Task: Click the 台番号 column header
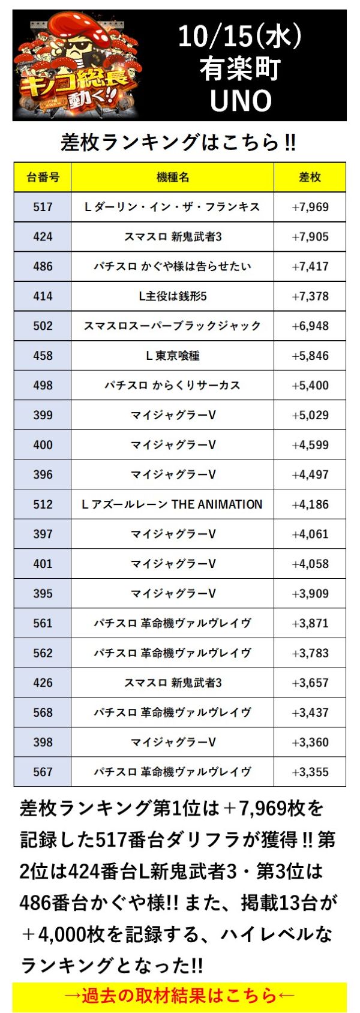pyautogui.click(x=43, y=177)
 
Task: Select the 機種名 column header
pyautogui.click(x=172, y=177)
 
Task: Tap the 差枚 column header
pyautogui.click(x=310, y=177)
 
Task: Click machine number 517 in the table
pyautogui.click(x=43, y=207)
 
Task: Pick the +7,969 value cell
pyautogui.click(x=310, y=207)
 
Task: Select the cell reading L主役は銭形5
pyautogui.click(x=172, y=296)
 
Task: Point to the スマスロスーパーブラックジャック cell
pyautogui.click(x=172, y=326)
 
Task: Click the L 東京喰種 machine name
pyautogui.click(x=172, y=356)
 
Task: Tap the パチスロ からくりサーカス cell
pyautogui.click(x=172, y=385)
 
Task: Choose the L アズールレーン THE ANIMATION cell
pyautogui.click(x=172, y=504)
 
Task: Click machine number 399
pyautogui.click(x=43, y=415)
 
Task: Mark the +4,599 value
pyautogui.click(x=310, y=445)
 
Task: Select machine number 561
pyautogui.click(x=43, y=623)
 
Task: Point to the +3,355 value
pyautogui.click(x=310, y=772)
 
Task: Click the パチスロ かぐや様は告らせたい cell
pyautogui.click(x=172, y=266)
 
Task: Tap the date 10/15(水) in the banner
pyautogui.click(x=240, y=37)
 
